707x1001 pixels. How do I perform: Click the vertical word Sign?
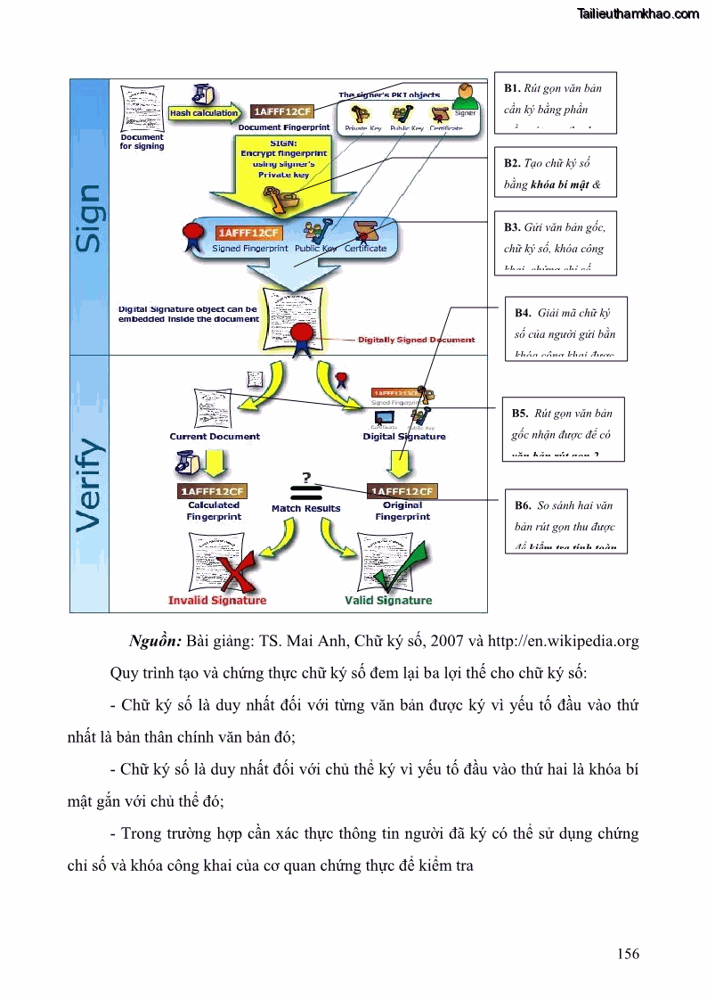(90, 217)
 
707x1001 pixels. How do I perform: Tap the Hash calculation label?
(204, 113)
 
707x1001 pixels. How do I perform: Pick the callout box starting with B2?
(554, 175)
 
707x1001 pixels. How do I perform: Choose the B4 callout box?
(565, 327)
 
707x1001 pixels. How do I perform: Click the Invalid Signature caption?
(217, 600)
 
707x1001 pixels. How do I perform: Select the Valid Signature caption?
(388, 600)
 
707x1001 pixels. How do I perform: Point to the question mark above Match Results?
(306, 477)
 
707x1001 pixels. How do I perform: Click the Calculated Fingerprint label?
(214, 511)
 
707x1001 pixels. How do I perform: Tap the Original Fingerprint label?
(402, 511)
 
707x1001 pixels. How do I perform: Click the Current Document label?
(215, 437)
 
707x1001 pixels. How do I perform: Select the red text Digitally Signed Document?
(416, 340)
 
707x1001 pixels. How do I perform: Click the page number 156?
(628, 954)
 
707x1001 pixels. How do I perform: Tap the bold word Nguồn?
(155, 641)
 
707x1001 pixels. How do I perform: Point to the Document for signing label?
(142, 141)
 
